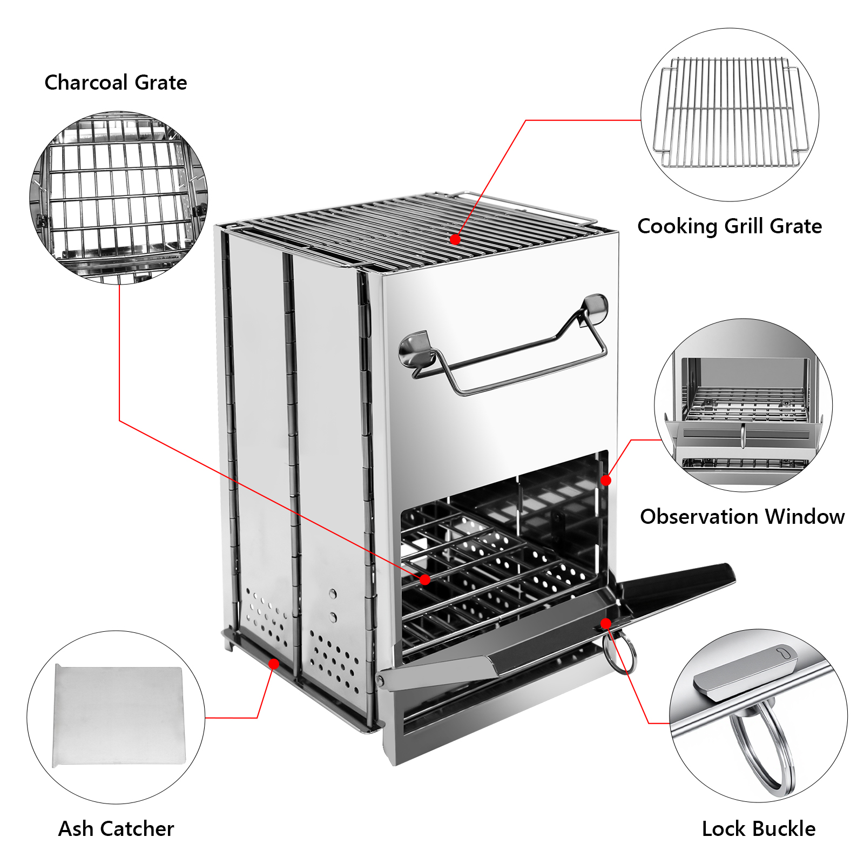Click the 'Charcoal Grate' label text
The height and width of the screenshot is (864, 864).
(116, 83)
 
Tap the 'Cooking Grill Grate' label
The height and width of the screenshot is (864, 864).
(730, 226)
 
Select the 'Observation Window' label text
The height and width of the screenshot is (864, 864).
(742, 517)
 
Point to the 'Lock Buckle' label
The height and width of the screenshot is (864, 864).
(759, 828)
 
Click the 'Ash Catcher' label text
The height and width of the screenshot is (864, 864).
(116, 828)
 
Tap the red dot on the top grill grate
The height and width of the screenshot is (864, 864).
(455, 239)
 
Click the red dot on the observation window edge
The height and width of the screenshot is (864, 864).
(606, 480)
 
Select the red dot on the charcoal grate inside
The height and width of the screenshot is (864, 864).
(425, 579)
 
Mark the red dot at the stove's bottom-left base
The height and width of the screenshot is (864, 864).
(274, 664)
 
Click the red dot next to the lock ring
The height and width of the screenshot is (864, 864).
(606, 624)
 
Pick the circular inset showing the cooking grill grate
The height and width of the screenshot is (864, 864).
(730, 115)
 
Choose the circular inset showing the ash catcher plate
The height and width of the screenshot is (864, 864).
(116, 717)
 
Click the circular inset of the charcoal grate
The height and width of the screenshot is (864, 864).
(119, 198)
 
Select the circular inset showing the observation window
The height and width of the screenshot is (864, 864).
(743, 405)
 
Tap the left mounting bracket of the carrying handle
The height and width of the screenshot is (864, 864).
(416, 349)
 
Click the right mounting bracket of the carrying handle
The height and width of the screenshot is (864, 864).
(594, 308)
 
